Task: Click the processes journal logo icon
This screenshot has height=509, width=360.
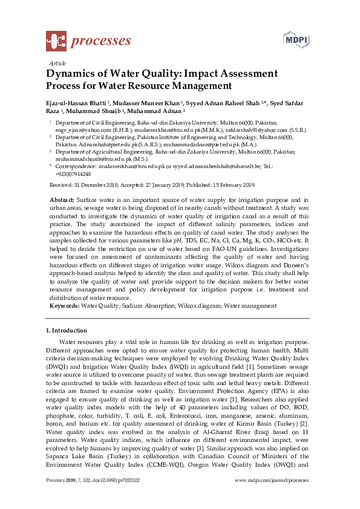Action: pyautogui.click(x=56, y=41)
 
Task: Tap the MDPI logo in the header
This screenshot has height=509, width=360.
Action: pyautogui.click(x=293, y=41)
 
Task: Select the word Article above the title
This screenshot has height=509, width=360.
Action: pyautogui.click(x=56, y=63)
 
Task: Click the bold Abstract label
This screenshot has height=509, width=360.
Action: pyautogui.click(x=61, y=199)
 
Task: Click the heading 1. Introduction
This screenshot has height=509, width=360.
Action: pyautogui.click(x=67, y=331)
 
